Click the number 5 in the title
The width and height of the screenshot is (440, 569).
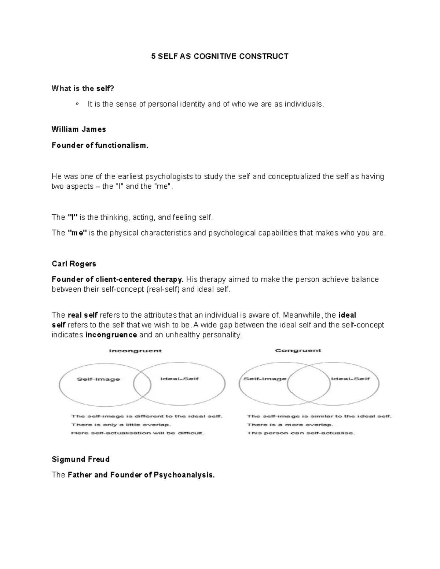click(154, 56)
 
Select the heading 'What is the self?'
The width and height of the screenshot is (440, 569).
click(83, 88)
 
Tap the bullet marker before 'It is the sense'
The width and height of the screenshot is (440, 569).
click(77, 104)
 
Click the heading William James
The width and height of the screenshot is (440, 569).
click(79, 129)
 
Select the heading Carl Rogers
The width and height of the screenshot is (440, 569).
click(74, 264)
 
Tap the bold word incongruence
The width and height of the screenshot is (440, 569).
click(111, 335)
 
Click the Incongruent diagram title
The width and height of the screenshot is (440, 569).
click(135, 351)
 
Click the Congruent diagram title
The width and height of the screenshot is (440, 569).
click(298, 350)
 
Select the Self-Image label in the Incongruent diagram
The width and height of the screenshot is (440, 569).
click(98, 379)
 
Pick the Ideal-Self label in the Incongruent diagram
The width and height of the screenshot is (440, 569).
click(179, 379)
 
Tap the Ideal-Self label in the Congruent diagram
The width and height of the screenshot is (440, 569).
click(350, 379)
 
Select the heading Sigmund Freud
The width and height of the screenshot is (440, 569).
click(81, 459)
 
